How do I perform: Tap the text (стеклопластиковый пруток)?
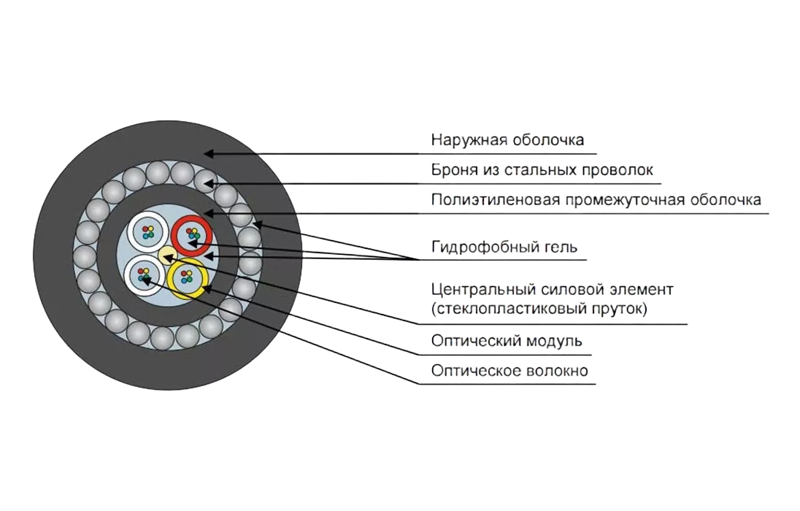pyautogui.click(x=539, y=309)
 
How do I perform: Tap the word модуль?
pyautogui.click(x=558, y=341)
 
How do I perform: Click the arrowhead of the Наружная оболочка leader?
pyautogui.click(x=207, y=154)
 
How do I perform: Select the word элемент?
pyautogui.click(x=643, y=289)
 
